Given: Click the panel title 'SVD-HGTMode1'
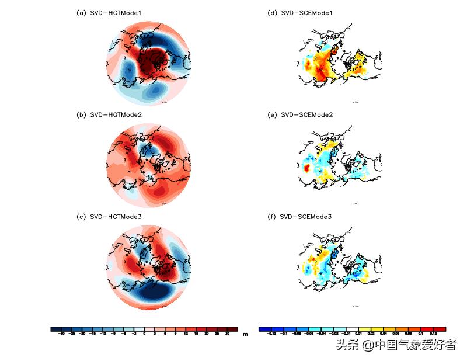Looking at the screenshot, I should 116,13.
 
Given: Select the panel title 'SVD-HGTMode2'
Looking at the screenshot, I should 116,115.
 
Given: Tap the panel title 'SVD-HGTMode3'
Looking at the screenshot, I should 116,217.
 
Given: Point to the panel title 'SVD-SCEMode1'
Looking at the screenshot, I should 306,13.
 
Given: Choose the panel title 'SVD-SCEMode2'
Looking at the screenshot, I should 306,115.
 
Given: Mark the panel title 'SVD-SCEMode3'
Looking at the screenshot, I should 306,217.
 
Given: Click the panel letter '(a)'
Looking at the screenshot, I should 81,13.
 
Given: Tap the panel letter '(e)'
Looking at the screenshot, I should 271,115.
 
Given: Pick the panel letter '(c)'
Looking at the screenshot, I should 81,217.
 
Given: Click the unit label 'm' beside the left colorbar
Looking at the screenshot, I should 245,334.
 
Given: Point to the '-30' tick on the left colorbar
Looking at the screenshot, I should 61,334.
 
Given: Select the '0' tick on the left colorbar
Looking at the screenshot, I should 144,334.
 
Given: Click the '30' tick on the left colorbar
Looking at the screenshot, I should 227,334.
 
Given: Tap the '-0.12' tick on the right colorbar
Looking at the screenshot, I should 270,334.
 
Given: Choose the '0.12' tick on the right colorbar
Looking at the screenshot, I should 434,334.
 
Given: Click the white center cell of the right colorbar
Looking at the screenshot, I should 352,329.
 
